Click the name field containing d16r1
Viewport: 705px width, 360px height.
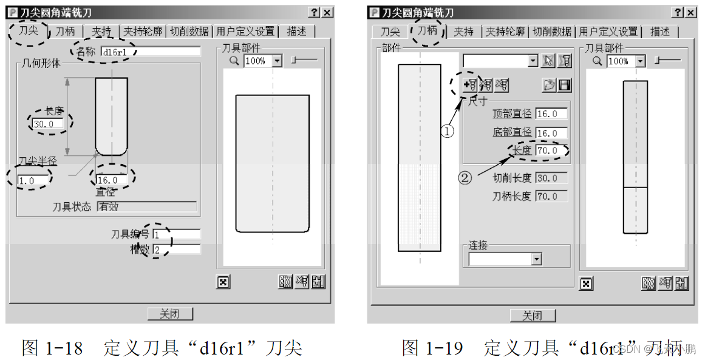point(150,52)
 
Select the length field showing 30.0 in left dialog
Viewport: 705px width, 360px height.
point(47,124)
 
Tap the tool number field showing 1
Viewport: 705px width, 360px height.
point(176,234)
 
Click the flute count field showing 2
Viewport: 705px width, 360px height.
point(176,249)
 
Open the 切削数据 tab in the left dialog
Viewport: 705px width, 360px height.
point(189,32)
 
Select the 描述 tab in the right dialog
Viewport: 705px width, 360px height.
point(659,32)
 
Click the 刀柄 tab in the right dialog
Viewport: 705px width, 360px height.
point(427,30)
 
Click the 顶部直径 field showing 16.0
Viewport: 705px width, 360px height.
point(551,114)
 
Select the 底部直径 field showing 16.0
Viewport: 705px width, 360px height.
point(551,133)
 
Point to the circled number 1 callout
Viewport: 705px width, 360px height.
point(448,131)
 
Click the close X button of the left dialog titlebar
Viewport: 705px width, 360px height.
point(327,13)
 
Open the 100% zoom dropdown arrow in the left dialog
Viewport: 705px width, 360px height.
point(278,61)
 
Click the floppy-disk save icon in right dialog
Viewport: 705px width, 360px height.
point(564,86)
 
